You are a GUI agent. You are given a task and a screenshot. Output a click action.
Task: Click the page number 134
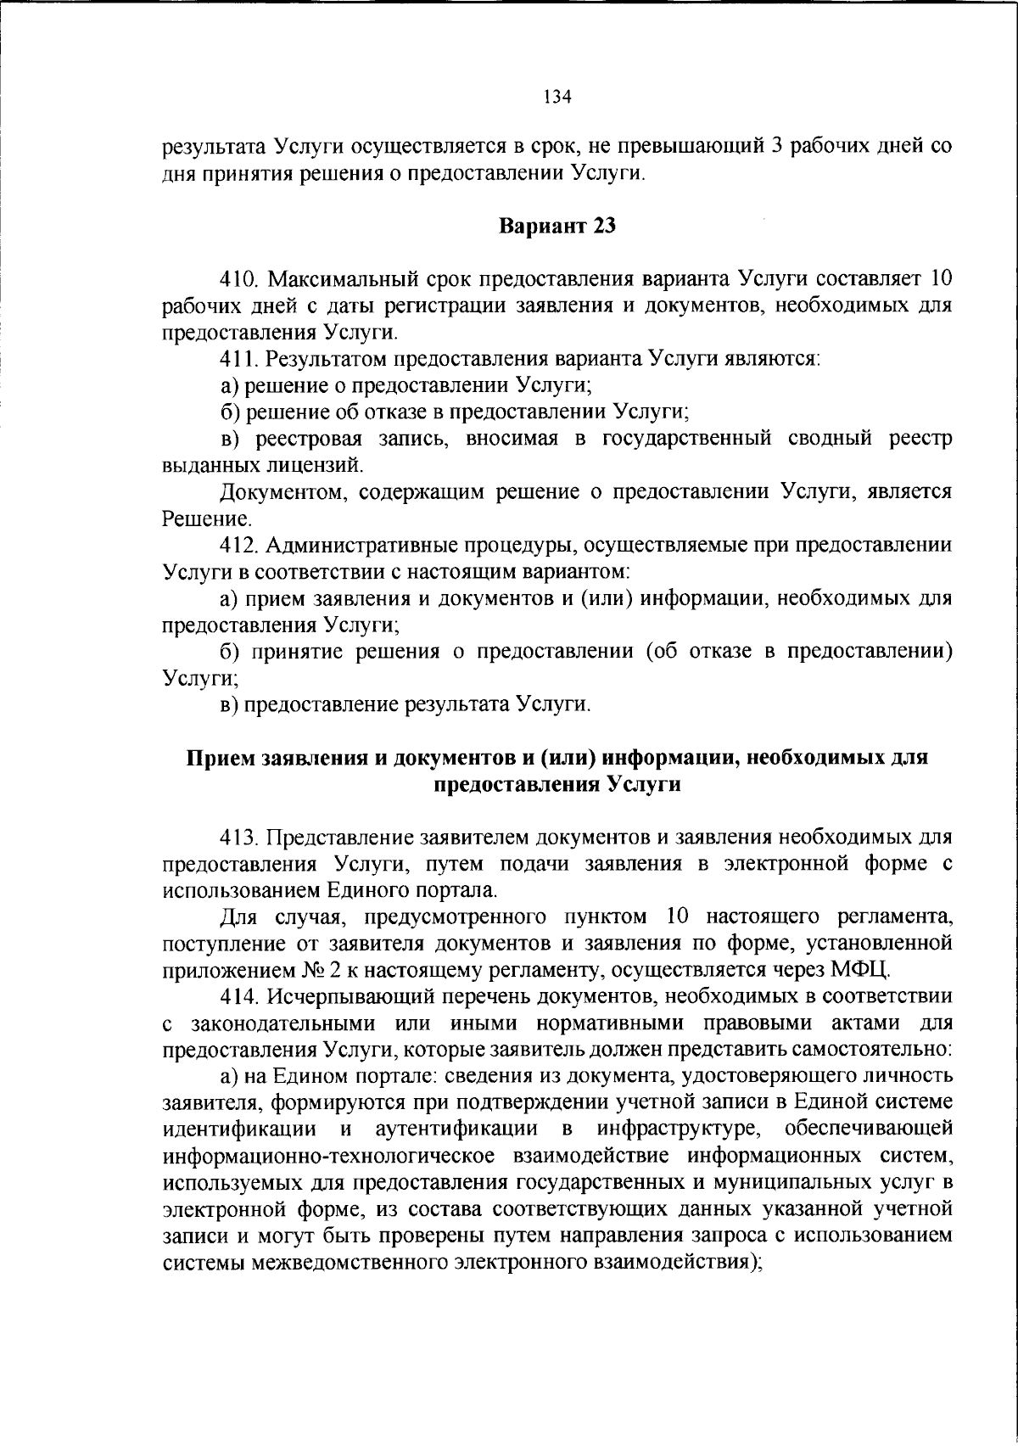pyautogui.click(x=557, y=97)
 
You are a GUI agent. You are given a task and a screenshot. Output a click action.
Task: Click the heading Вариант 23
pyautogui.click(x=557, y=227)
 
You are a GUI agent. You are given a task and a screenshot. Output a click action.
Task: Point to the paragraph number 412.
pyautogui.click(x=243, y=545)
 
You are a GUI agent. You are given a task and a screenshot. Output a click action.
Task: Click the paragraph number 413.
pyautogui.click(x=243, y=838)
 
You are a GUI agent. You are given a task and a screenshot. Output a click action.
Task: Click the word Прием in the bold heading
pyautogui.click(x=215, y=758)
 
